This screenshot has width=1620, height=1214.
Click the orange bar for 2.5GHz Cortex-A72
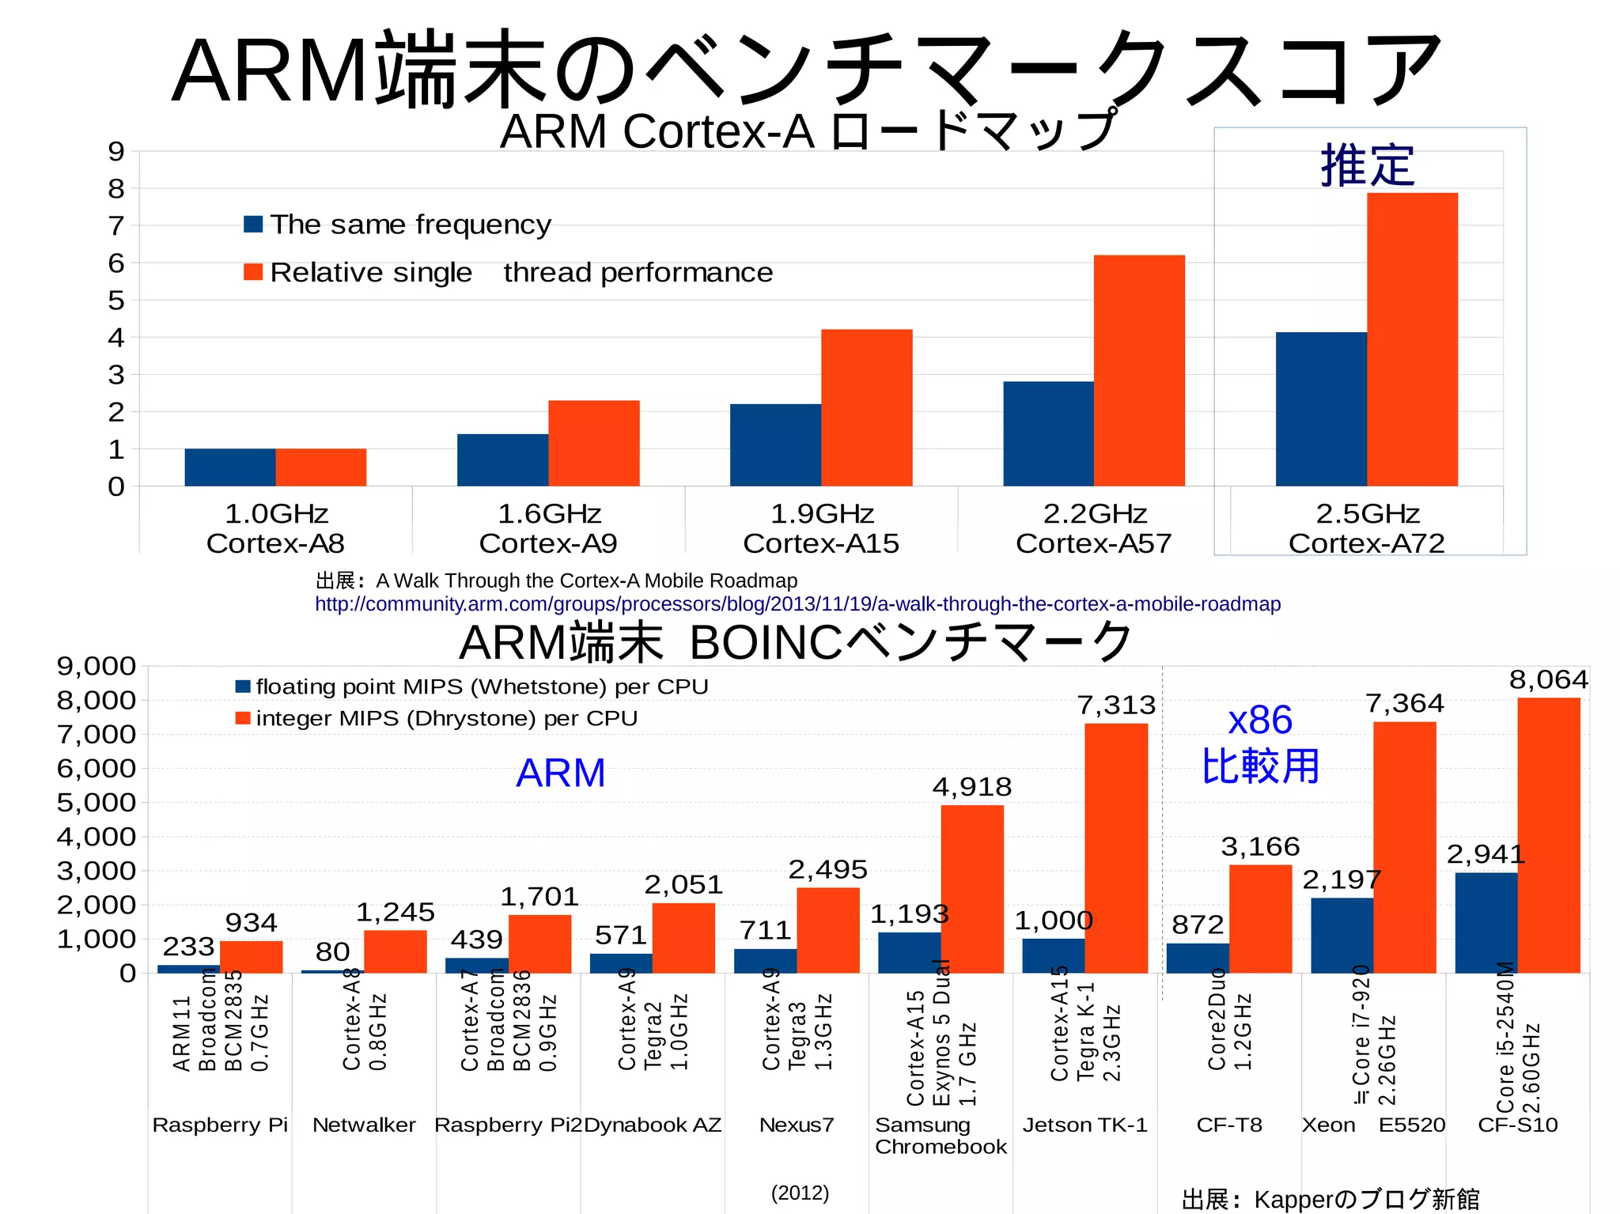[x=1412, y=340]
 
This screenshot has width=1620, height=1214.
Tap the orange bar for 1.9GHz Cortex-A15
[x=866, y=407]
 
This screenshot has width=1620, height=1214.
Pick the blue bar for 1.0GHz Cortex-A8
[x=229, y=467]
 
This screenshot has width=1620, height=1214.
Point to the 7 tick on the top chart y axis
[x=116, y=226]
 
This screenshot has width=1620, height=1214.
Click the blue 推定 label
[x=1368, y=166]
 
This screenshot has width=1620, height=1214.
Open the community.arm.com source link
[x=797, y=604]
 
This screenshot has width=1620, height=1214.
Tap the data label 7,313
[x=1116, y=705]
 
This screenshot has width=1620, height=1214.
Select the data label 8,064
[x=1548, y=679]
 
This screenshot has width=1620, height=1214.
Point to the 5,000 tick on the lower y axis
[x=97, y=802]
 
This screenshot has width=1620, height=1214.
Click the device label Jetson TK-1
[x=1084, y=1125]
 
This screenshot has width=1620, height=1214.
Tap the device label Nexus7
[x=797, y=1125]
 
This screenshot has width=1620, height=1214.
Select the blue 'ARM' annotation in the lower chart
[x=560, y=773]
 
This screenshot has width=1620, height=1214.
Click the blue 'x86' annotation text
[x=1260, y=720]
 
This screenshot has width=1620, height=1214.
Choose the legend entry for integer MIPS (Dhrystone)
[x=446, y=718]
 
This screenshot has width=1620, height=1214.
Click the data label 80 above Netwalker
[x=332, y=951]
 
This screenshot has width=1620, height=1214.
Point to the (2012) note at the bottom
[x=800, y=1193]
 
